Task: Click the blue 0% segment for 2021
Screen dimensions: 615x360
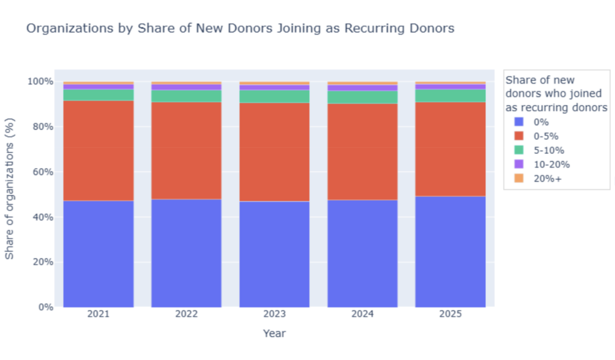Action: pos(98,254)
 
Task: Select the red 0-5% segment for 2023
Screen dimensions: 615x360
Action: pos(274,152)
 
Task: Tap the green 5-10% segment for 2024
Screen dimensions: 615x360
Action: pos(362,97)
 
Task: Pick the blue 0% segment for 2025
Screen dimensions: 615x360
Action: pos(450,252)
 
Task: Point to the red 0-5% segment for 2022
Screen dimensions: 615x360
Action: pos(186,151)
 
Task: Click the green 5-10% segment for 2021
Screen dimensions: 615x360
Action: pos(98,95)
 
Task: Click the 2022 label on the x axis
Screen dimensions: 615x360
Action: pos(186,314)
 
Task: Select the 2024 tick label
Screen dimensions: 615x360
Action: pos(362,314)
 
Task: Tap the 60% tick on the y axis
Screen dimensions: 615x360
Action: pos(43,172)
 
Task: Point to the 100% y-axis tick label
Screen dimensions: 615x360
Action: pos(40,82)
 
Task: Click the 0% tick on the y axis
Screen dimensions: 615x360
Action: pos(45,307)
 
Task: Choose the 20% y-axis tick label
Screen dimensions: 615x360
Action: pos(43,262)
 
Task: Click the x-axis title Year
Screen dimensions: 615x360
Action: pos(274,334)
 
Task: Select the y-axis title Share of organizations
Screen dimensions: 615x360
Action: pos(10,189)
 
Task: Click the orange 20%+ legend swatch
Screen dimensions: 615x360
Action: pos(519,178)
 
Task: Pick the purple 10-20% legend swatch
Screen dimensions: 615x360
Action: pos(519,164)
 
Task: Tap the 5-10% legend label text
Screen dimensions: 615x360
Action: pos(549,150)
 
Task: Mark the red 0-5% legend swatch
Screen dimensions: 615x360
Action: pos(519,136)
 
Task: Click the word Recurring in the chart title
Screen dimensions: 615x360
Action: pos(375,29)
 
